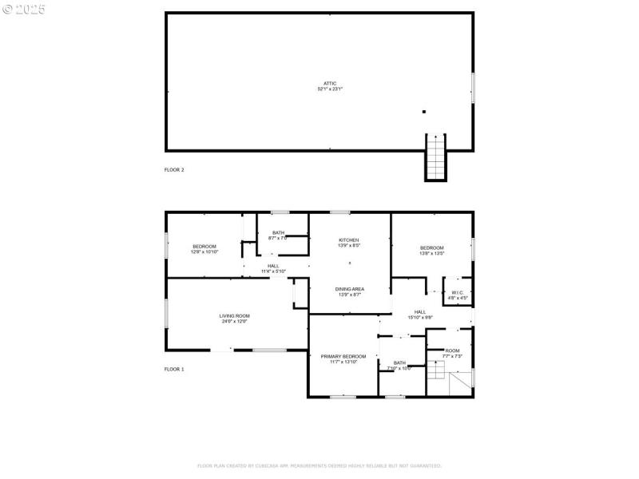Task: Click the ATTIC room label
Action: click(x=329, y=86)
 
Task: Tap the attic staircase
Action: click(x=435, y=158)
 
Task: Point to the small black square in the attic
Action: click(x=424, y=112)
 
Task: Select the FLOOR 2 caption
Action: click(x=174, y=170)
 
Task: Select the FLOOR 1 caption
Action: click(x=174, y=369)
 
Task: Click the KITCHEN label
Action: click(x=348, y=243)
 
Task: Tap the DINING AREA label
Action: click(x=350, y=291)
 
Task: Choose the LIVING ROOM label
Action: click(x=235, y=319)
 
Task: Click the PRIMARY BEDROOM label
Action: click(x=343, y=358)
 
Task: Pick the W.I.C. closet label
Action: click(x=458, y=295)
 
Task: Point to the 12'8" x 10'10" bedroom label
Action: click(x=204, y=248)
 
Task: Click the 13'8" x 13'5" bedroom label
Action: click(x=432, y=251)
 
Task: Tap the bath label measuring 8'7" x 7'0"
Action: click(x=278, y=236)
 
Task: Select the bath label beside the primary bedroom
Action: click(x=399, y=366)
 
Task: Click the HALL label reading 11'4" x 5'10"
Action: click(x=273, y=268)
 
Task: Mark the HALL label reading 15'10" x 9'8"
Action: click(x=420, y=315)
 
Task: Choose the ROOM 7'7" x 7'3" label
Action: click(x=452, y=353)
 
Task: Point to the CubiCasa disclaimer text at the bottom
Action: click(x=319, y=465)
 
